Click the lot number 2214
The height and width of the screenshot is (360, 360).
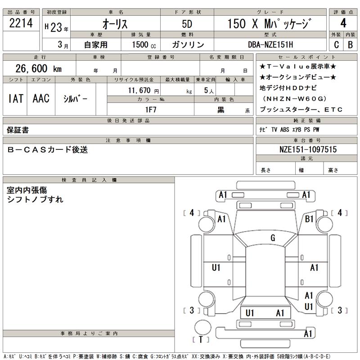click(x=21, y=23)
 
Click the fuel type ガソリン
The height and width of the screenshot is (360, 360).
click(x=188, y=45)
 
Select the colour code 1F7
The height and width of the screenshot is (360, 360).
click(x=150, y=109)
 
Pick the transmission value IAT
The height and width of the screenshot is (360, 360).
click(x=15, y=99)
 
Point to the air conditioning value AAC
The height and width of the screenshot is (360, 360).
click(x=41, y=99)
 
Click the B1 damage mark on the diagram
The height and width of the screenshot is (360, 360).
click(x=309, y=219)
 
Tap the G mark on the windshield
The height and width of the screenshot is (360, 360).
click(x=272, y=238)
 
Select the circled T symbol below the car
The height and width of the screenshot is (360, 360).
click(x=201, y=339)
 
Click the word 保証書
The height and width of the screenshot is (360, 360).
click(x=18, y=130)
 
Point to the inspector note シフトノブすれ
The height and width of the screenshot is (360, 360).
click(x=35, y=199)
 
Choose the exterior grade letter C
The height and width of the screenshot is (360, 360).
click(x=336, y=45)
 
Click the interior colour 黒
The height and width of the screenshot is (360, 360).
click(x=221, y=110)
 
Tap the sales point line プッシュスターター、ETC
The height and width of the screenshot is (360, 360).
click(x=301, y=109)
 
